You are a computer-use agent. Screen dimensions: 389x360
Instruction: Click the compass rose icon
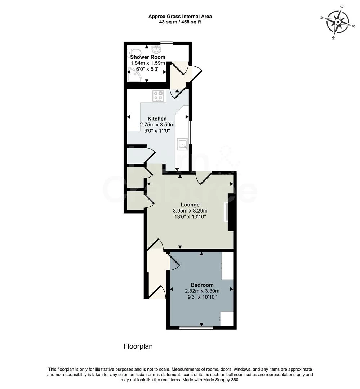[338, 22]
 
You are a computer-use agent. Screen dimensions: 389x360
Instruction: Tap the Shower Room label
[148, 57]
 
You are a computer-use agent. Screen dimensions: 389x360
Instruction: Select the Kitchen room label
[157, 119]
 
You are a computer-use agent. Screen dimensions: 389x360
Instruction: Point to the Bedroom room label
[202, 285]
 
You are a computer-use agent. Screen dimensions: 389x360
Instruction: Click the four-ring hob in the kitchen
[159, 96]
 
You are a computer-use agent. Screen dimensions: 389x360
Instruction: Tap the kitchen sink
[182, 144]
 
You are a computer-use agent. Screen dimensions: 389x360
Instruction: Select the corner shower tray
[134, 75]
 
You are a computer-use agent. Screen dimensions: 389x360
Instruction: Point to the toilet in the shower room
[132, 53]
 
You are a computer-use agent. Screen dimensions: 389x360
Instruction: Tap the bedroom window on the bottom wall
[196, 327]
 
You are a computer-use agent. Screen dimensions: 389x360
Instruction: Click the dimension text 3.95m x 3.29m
[190, 211]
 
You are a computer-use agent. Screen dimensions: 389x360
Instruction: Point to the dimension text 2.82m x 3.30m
[202, 291]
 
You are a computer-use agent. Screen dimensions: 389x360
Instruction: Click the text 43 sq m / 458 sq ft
[180, 22]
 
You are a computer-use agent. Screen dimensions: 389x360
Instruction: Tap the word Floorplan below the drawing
[138, 346]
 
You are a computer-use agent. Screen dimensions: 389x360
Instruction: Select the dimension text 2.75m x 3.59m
[157, 125]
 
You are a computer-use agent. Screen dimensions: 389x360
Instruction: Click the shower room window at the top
[166, 43]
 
